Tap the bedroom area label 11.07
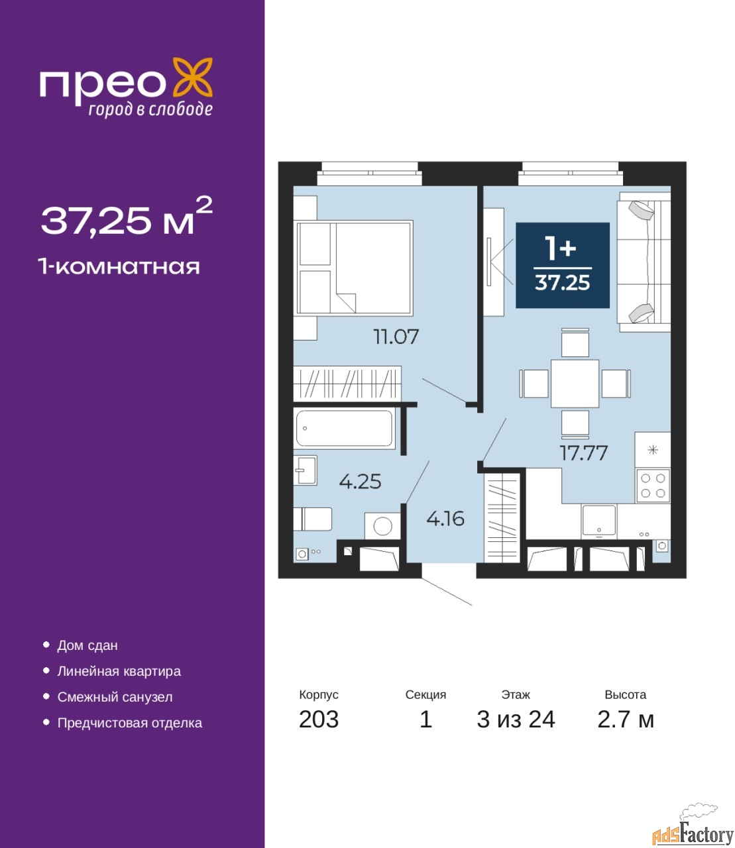(x=396, y=337)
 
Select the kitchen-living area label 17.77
(x=584, y=453)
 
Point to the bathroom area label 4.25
(x=360, y=481)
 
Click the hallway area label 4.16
(x=445, y=519)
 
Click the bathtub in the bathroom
(x=344, y=428)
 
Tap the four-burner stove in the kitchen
(x=653, y=486)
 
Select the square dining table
(x=575, y=384)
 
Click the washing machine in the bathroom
(x=382, y=526)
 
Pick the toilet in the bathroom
(x=313, y=519)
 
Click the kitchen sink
(x=598, y=521)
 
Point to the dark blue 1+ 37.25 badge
(x=562, y=265)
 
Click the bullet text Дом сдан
(x=87, y=645)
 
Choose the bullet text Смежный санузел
(x=115, y=696)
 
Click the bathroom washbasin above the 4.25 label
(x=305, y=470)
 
